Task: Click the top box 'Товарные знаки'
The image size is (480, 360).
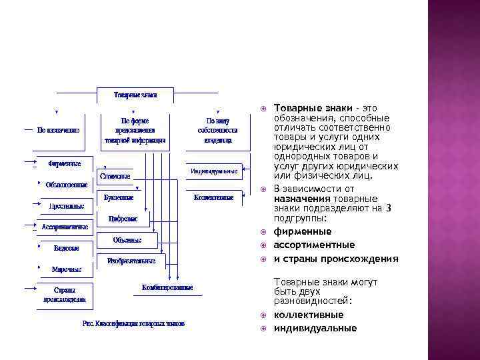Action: pos(135,95)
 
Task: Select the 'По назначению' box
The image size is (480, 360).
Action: pos(59,130)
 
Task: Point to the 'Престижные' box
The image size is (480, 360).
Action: pos(66,206)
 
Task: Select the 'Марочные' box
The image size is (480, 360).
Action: pos(67,269)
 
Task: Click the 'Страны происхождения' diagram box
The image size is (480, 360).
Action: pos(65,295)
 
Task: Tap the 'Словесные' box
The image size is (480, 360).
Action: pos(115,176)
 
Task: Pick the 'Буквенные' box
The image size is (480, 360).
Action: pos(119,197)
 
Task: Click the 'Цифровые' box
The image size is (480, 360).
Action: pos(123,219)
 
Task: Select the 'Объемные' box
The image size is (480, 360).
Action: pos(127,239)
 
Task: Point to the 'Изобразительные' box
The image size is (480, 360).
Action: pos(131,261)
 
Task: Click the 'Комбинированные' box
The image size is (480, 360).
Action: pos(167,287)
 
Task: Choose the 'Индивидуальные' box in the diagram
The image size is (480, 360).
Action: pos(214,171)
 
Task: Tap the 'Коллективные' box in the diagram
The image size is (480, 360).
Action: pos(214,197)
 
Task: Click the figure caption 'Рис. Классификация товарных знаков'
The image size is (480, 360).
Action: pos(133,323)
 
